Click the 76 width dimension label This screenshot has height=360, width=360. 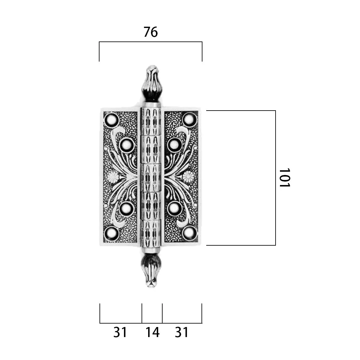point(151,32)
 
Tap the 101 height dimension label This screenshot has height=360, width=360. point(285,178)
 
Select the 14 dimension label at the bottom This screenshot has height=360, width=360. point(153,332)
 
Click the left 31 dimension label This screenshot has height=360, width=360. point(120,332)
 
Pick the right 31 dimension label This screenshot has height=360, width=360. point(181,332)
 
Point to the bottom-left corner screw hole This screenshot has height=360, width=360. point(112,234)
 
